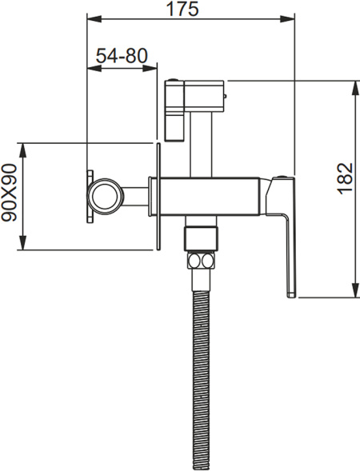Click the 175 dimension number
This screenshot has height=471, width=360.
tap(182, 9)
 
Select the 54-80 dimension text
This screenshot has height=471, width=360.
tap(122, 55)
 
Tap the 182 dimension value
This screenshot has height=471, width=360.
tap(346, 179)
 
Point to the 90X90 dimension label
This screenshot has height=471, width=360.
tap(9, 193)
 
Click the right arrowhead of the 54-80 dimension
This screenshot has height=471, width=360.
tap(150, 69)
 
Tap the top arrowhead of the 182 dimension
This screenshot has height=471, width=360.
tap(356, 88)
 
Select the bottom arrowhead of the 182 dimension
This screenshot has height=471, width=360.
tap(356, 290)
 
